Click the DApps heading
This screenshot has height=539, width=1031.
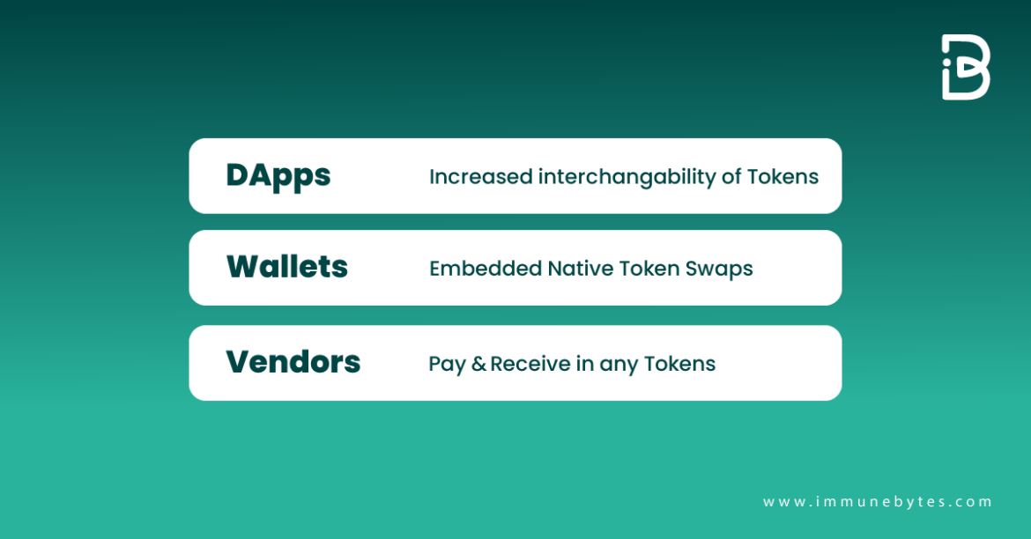click(x=278, y=175)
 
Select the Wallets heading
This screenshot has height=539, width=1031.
click(x=287, y=267)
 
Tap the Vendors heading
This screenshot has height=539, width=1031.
click(x=293, y=362)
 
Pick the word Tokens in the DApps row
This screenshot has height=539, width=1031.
click(x=783, y=177)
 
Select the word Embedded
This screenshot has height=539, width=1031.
click(x=485, y=269)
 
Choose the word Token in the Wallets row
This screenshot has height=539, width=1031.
click(x=649, y=269)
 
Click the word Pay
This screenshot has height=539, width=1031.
click(x=447, y=364)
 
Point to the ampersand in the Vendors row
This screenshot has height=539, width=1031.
click(x=478, y=364)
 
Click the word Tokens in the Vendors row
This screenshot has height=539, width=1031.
click(x=679, y=364)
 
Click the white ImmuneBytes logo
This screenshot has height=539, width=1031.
click(x=966, y=67)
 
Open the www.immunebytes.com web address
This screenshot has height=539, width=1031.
click(x=877, y=501)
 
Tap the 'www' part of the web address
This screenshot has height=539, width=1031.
click(x=782, y=501)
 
